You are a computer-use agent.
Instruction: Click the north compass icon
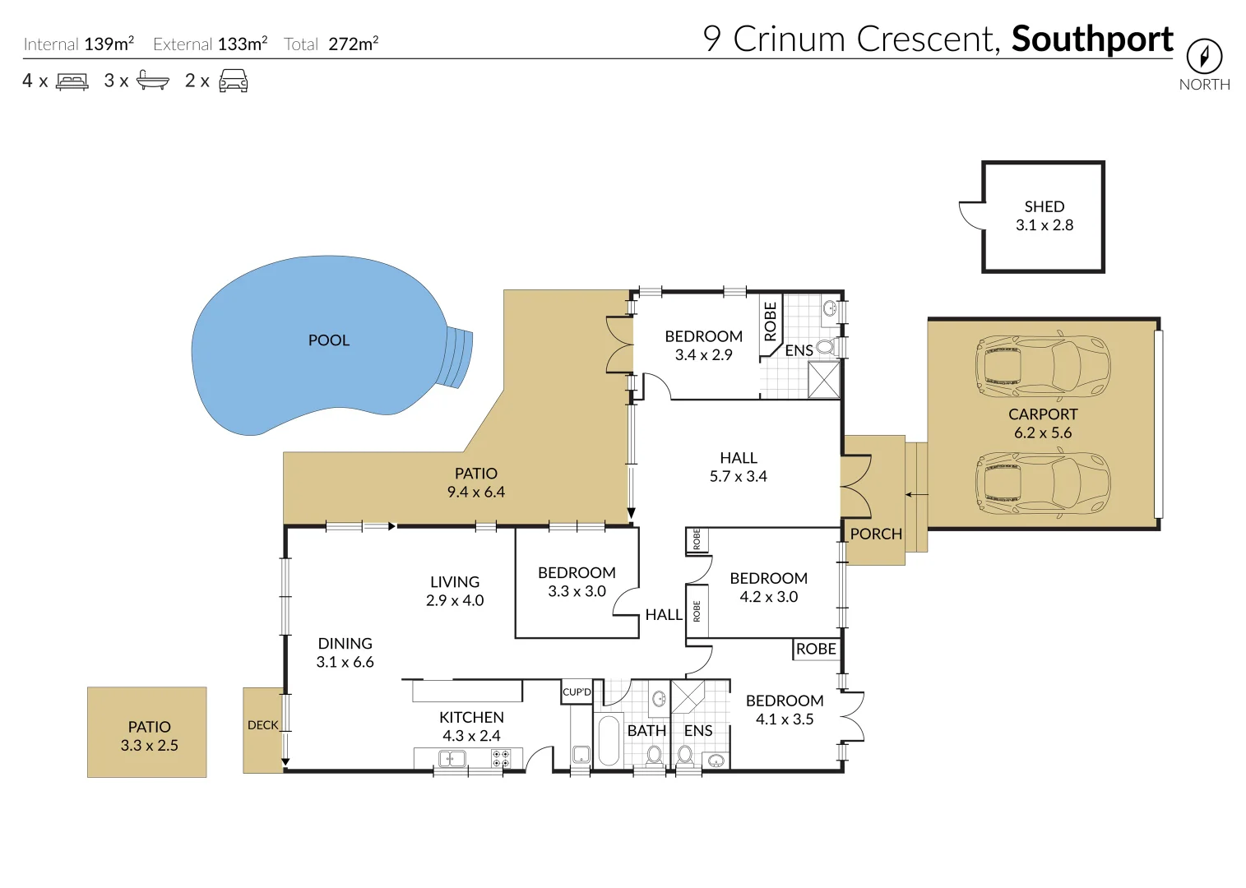[x=1204, y=57]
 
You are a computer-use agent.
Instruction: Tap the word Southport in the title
[x=1091, y=39]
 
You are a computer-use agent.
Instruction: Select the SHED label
[x=1044, y=206]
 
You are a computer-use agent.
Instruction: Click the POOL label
[x=329, y=340]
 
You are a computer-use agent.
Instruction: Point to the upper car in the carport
[x=1042, y=367]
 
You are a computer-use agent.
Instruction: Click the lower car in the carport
[x=1042, y=483]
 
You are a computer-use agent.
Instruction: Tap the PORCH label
[x=876, y=534]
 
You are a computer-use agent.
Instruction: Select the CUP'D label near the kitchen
[x=577, y=691]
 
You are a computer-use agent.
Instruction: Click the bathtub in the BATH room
[x=608, y=741]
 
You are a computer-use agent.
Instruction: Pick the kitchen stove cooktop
[x=500, y=758]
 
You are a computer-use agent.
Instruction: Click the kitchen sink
[x=452, y=758]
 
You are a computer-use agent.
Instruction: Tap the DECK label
[x=262, y=725]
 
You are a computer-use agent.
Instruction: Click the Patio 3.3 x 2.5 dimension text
[x=149, y=746]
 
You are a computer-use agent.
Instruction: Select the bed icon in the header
[x=72, y=81]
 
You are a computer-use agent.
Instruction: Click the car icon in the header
[x=234, y=81]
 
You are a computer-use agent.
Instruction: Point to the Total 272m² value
[x=354, y=44]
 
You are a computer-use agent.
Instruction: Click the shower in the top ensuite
[x=823, y=379]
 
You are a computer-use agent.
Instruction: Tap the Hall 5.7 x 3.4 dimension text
[x=738, y=476]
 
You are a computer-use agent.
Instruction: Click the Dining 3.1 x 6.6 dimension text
[x=345, y=662]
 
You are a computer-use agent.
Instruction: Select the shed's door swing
[x=970, y=215]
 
